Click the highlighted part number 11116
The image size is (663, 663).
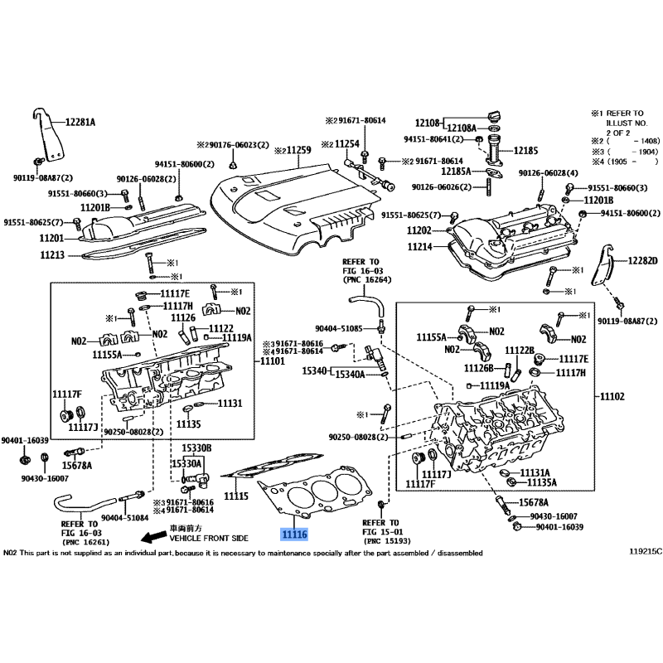click(294, 535)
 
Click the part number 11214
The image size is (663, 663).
click(420, 246)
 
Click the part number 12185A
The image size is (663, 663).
click(455, 171)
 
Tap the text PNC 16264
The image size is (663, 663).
click(361, 279)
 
